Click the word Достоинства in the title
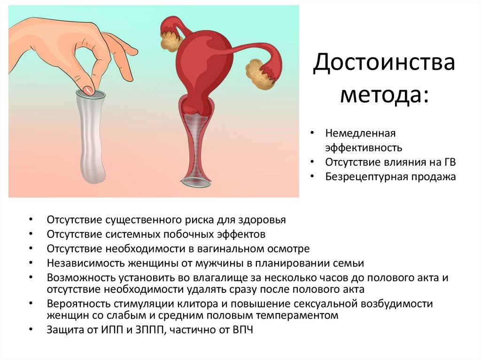click(384, 63)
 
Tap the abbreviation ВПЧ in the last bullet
click(242, 329)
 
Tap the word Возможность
click(78, 277)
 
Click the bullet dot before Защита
click(31, 329)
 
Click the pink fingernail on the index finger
click(88, 89)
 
